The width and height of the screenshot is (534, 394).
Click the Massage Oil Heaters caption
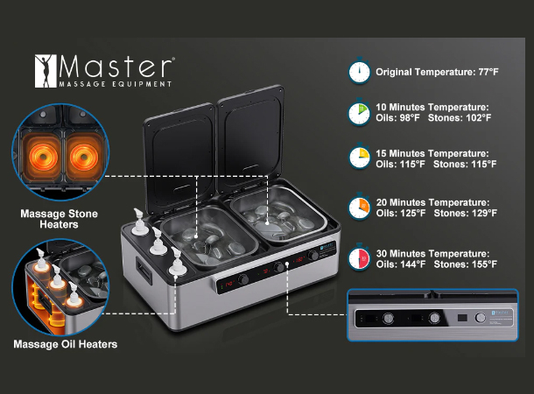(66, 344)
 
